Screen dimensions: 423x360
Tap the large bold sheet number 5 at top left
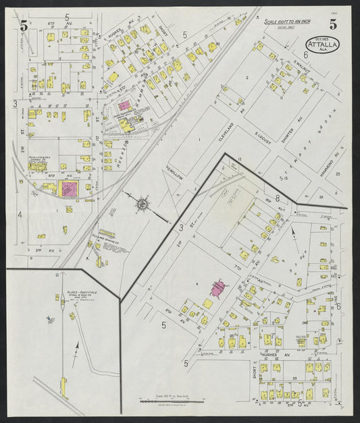tap(24, 27)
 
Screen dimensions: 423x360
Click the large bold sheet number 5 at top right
tap(334, 25)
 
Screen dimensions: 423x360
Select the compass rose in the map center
tap(143, 203)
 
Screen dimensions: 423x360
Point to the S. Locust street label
tap(262, 125)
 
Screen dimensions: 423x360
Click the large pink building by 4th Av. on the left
tap(68, 188)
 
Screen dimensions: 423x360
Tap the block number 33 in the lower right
tap(295, 378)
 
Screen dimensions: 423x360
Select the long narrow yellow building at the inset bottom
tap(63, 387)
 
